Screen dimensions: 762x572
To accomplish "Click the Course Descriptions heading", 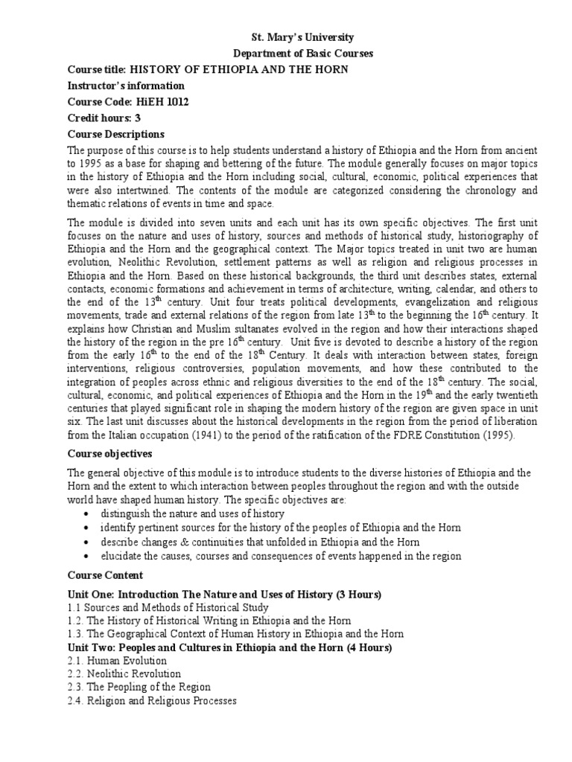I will coord(115,135).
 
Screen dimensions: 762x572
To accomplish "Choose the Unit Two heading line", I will coord(230,647).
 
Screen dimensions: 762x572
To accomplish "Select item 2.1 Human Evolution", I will coord(118,661).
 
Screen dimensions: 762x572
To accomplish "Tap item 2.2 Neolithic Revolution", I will coord(124,674).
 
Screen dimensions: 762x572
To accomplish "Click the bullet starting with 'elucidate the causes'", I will coord(281,556).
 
